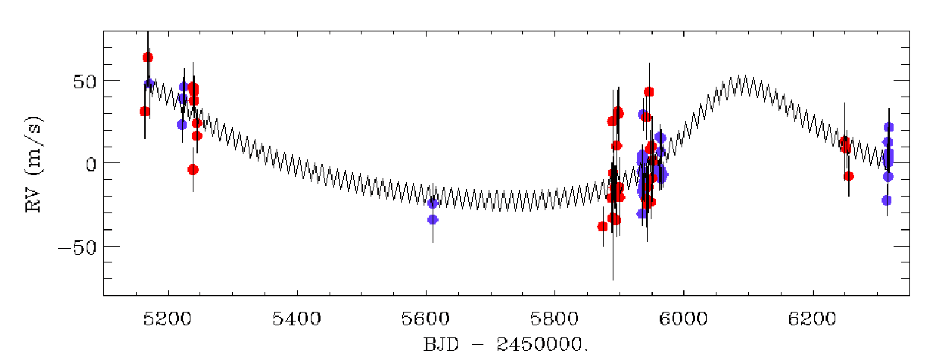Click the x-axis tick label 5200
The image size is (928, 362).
coord(168,320)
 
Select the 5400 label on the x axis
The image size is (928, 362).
coord(297,320)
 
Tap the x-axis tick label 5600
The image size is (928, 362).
coord(426,320)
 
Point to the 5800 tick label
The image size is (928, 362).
coord(554,320)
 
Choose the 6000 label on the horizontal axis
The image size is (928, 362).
coord(683,320)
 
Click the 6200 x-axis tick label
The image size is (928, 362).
coord(812,320)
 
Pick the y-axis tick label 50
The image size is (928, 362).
coord(85,82)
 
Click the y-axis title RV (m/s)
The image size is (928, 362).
coord(34,164)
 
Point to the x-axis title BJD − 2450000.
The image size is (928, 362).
coord(505,344)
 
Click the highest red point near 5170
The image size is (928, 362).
coord(147,58)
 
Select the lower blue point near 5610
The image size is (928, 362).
coord(433,219)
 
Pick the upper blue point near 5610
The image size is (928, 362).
coord(433,203)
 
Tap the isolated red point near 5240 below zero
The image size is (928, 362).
coord(193,169)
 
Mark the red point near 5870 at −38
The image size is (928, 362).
coord(603,226)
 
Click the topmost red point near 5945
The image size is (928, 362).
coord(649,91)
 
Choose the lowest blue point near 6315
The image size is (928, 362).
coord(887,200)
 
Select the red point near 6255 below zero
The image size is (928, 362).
coord(848,176)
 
